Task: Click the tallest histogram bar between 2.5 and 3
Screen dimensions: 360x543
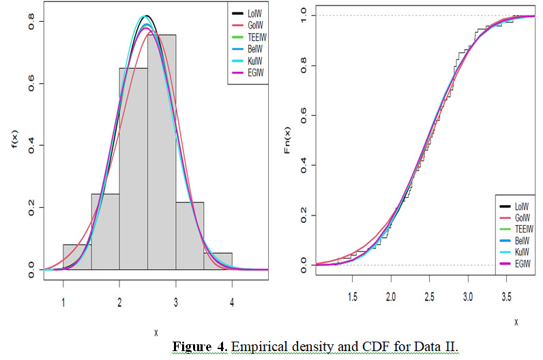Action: (162, 150)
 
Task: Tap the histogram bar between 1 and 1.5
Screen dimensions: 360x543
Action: (77, 256)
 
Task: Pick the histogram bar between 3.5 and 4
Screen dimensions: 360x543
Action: (218, 260)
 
